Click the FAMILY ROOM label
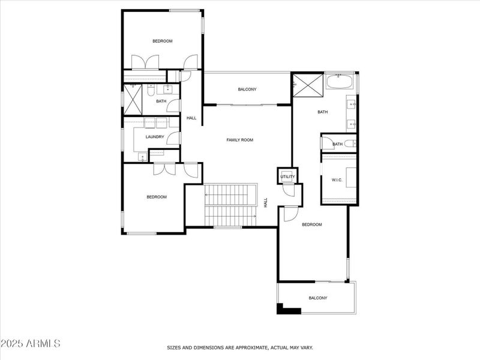pos(239,140)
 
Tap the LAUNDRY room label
pos(155,137)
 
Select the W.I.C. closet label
pos(337,180)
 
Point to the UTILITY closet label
pos(287,177)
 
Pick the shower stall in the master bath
pos(307,85)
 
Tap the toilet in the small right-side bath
pos(327,144)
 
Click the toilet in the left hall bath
pos(151,89)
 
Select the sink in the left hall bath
pos(168,90)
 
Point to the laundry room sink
pos(142,157)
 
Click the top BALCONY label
pos(247,89)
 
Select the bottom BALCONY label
pos(318,298)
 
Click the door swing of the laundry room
pos(173,139)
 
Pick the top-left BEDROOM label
pos(162,41)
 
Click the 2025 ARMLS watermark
pos(30,343)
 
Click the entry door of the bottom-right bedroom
pos(290,214)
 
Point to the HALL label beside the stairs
pos(265,203)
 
